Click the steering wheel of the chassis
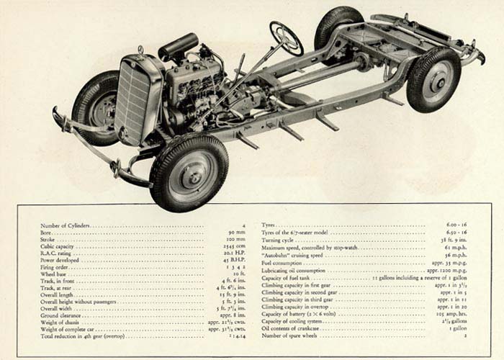click(287, 38)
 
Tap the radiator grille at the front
click(136, 100)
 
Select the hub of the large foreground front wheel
click(189, 174)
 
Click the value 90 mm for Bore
click(236, 233)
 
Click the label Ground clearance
click(60, 315)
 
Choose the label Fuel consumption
click(284, 261)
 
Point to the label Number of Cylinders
click(66, 226)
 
